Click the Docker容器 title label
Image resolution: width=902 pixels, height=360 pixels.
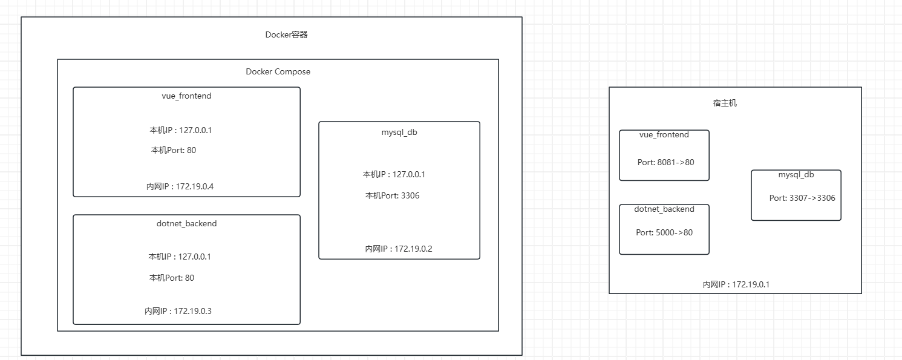click(286, 34)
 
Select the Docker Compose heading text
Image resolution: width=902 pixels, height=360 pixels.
click(278, 71)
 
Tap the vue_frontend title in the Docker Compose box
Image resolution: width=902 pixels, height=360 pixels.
click(186, 96)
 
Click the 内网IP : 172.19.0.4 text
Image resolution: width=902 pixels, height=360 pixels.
click(180, 186)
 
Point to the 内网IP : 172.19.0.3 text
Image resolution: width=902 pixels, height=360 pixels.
click(178, 311)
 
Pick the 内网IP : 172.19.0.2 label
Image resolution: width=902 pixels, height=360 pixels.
click(399, 248)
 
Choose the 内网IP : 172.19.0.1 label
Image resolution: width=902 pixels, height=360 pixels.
click(736, 284)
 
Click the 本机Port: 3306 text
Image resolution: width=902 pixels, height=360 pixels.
click(392, 195)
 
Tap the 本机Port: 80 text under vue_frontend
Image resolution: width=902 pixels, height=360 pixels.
click(174, 150)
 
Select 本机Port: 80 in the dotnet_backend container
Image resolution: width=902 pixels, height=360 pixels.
click(172, 278)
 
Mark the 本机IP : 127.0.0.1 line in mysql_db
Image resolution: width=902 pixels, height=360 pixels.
click(394, 174)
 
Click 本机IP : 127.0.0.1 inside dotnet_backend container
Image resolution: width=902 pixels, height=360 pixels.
click(180, 257)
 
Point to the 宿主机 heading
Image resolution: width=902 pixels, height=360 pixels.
click(725, 103)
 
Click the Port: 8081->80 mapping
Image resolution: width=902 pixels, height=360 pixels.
click(665, 162)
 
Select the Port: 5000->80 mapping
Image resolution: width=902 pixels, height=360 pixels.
click(664, 232)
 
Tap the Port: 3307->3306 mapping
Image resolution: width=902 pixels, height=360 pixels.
click(802, 198)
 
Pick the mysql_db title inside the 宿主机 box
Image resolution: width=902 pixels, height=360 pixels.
click(796, 175)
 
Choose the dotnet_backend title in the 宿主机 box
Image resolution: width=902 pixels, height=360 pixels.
click(664, 209)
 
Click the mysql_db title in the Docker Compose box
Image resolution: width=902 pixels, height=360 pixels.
click(399, 133)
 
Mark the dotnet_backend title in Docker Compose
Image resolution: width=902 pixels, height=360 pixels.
click(186, 223)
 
